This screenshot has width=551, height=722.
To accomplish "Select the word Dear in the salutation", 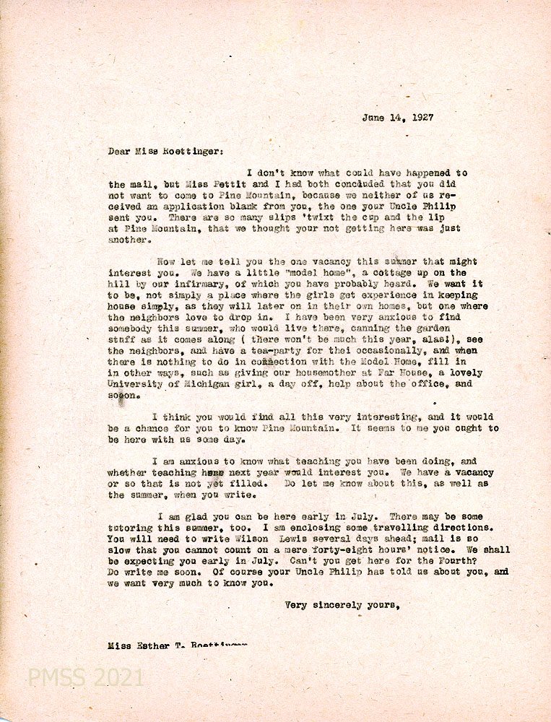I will click(120, 152).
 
